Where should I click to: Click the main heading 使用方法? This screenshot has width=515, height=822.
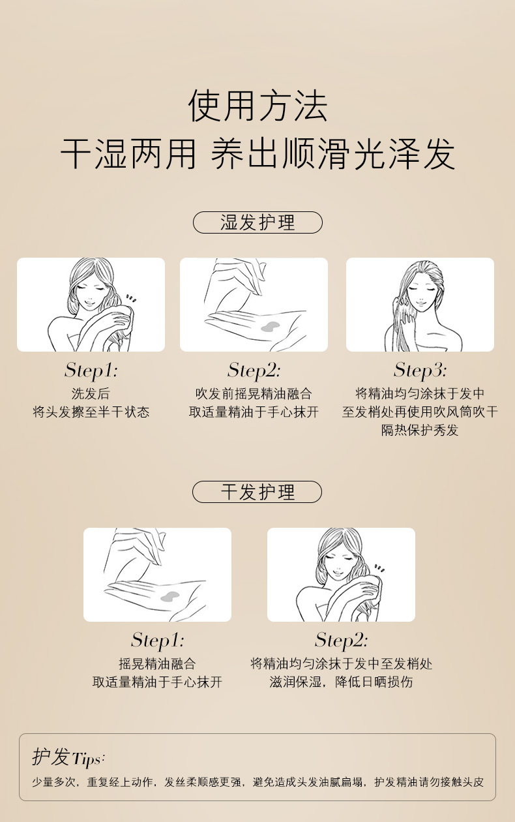pos(257,106)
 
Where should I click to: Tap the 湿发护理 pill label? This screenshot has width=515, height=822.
pos(257,222)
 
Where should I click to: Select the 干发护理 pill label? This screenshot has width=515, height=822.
pos(257,492)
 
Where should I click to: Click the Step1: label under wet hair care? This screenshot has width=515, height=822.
pos(91,371)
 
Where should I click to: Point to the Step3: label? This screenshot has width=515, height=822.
pos(420,371)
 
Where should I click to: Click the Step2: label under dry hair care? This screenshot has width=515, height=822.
pos(341,640)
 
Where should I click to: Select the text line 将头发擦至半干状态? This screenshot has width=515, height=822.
pos(91,412)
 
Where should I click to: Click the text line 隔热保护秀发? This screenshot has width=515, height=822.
pos(420,431)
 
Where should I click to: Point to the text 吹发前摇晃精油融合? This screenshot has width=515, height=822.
pos(254,394)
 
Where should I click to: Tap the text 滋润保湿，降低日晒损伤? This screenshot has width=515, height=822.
pos(341,682)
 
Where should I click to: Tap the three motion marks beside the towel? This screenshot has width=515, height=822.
pos(131,298)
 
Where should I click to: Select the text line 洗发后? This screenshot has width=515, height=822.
pos(91,394)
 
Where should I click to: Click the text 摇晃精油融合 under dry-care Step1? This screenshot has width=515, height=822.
pos(157,664)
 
